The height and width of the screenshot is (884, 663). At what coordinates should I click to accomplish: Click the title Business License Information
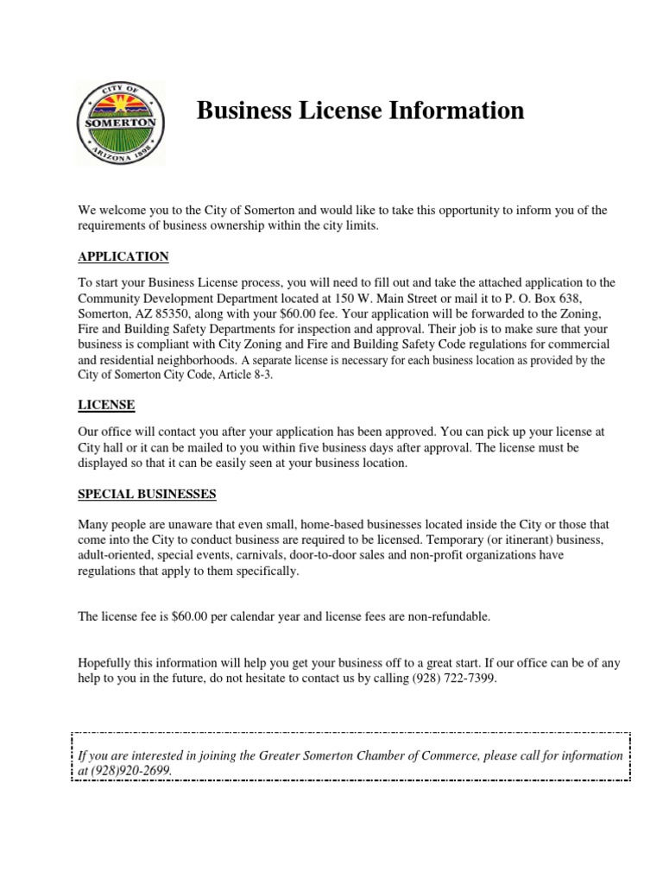tap(361, 111)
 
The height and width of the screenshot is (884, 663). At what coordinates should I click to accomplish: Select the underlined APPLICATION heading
tap(123, 257)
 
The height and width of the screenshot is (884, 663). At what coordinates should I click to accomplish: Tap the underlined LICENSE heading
tap(106, 405)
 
